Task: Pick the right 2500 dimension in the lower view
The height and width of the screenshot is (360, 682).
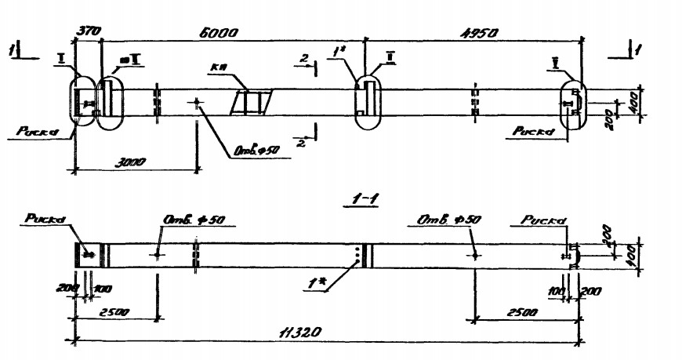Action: click(520, 311)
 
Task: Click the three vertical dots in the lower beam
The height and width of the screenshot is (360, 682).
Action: click(357, 254)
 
